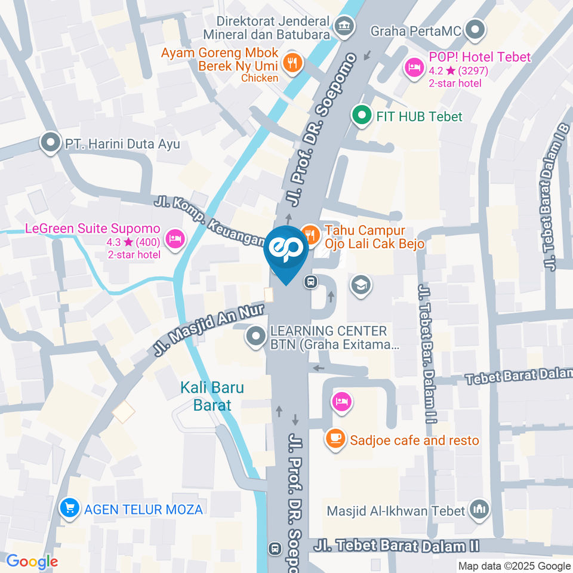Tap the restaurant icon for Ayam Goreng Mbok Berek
point(292,62)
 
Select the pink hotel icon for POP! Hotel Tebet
point(413,66)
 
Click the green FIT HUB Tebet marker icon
point(361,116)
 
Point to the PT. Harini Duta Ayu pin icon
point(50,143)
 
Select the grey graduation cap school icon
point(361,285)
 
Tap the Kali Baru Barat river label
point(212,396)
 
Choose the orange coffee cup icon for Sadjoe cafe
point(335,440)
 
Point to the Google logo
point(32,561)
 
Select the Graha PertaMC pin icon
point(476,29)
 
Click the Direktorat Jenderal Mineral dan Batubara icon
point(344,26)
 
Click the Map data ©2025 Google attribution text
point(514,566)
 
